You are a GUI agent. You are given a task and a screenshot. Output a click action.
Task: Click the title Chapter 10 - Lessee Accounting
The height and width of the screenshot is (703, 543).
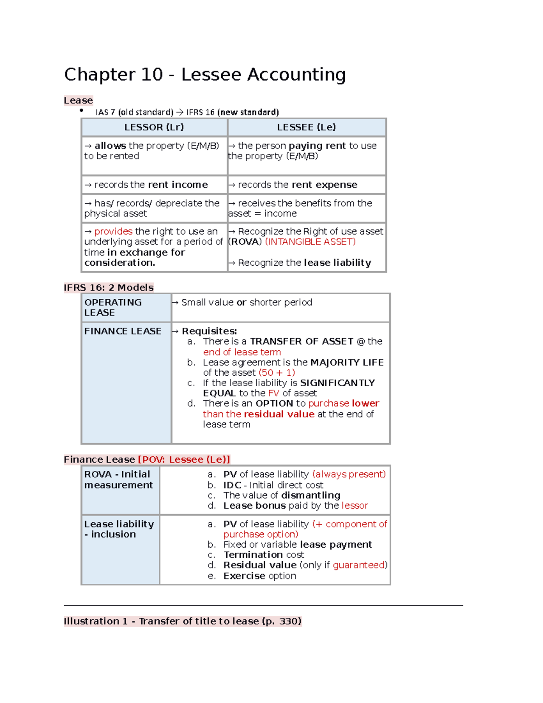205,75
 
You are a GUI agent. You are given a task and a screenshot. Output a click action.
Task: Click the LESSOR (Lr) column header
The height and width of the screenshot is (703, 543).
154,127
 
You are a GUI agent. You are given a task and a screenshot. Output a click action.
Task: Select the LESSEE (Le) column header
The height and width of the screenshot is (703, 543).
306,127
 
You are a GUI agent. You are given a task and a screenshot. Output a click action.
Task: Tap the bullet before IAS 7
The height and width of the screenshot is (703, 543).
81,110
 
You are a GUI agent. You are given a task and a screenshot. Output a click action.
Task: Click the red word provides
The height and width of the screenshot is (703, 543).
113,231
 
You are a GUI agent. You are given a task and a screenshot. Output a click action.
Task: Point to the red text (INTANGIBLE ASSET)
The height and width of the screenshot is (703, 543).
310,242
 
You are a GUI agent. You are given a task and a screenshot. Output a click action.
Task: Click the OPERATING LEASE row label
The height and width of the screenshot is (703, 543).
113,307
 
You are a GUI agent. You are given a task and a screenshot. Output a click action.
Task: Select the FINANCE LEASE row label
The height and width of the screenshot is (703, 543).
123,331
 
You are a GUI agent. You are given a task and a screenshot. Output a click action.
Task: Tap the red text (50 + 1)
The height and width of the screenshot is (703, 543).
276,373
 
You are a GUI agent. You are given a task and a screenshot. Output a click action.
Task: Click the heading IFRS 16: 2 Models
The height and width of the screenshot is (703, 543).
109,287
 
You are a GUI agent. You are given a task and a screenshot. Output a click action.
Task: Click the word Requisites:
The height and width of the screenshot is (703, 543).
209,331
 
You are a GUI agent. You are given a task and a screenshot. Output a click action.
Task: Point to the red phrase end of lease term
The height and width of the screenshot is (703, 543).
242,352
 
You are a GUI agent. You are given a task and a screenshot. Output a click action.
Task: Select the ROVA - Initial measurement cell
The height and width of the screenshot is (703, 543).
119,480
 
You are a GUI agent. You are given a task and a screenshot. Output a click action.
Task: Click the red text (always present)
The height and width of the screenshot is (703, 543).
348,474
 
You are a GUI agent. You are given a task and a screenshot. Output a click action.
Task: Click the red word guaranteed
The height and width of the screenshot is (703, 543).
359,565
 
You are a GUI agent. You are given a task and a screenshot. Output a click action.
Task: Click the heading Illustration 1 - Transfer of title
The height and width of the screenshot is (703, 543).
182,621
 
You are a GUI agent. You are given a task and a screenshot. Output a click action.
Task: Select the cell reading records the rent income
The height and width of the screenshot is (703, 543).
151,185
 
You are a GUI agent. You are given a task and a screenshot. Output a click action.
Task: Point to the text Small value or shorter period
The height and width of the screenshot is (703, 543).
247,302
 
